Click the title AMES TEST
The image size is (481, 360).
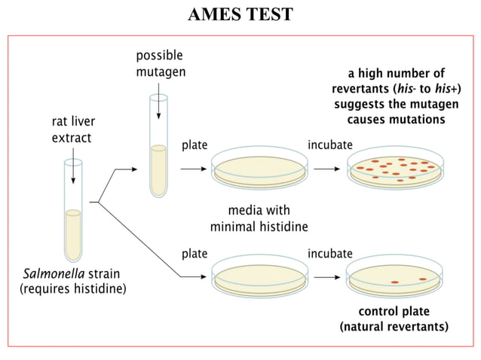click(240, 14)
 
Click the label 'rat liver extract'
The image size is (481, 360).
click(73, 130)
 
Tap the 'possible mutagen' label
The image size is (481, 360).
click(161, 64)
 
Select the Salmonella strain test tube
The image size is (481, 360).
click(73, 210)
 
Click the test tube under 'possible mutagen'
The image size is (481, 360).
click(158, 146)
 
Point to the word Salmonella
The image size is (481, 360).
click(54, 273)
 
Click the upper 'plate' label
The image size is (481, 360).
click(195, 145)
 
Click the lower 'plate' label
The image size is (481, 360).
click(195, 254)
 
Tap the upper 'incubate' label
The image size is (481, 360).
click(330, 145)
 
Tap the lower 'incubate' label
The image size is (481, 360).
click(330, 254)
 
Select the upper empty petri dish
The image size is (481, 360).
click(259, 168)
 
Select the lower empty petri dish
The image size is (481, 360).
click(259, 276)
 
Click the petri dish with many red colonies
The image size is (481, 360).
click(395, 168)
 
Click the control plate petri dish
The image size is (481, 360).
click(395, 276)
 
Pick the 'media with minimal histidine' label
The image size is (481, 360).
click(259, 218)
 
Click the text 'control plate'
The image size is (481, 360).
click(394, 311)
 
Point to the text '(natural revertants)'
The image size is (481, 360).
click(394, 327)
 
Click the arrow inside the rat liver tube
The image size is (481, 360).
click(73, 166)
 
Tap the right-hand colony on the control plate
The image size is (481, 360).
click(423, 279)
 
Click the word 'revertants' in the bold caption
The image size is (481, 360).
click(360, 89)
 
